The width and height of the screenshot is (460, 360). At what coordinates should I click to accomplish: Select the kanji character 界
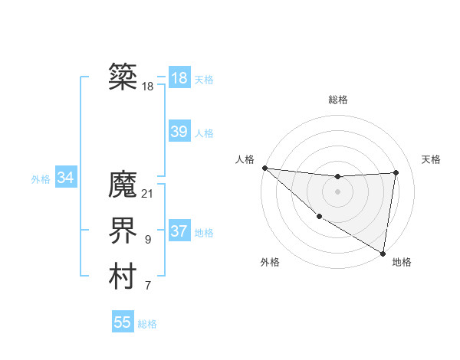[x=123, y=231]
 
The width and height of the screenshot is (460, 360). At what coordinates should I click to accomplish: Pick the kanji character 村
[x=123, y=277]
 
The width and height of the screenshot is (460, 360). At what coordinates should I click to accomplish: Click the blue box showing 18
[x=179, y=78]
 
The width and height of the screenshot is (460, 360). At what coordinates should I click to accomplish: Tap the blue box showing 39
[x=179, y=132]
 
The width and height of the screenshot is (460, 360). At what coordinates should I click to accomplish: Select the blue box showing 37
[x=179, y=231]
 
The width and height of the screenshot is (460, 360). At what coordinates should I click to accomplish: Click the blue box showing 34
[x=66, y=178]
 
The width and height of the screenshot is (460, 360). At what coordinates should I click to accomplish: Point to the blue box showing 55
[x=123, y=322]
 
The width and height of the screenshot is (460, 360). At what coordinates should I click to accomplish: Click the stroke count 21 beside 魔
[x=148, y=194]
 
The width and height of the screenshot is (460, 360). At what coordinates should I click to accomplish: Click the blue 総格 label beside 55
[x=147, y=324]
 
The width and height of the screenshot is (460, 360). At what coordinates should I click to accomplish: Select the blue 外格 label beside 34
[x=41, y=179]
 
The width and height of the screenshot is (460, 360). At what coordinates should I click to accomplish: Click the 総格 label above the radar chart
[x=337, y=100]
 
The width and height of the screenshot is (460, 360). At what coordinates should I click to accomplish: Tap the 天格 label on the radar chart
[x=432, y=159]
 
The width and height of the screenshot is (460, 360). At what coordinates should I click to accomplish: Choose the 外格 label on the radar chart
[x=270, y=262]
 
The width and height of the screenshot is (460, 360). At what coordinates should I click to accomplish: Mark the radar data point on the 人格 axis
[x=264, y=168]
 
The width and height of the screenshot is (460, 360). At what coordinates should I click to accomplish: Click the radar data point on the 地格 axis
[x=383, y=253]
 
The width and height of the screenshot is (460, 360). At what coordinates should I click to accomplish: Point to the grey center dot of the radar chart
[x=337, y=191]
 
